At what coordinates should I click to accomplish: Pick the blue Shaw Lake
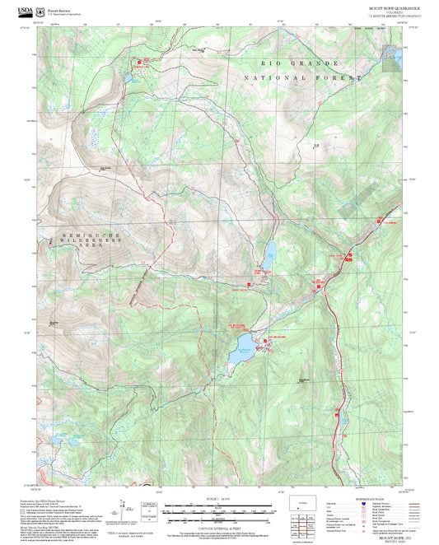click(x=269, y=250)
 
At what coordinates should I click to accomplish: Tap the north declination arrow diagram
click(x=125, y=506)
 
